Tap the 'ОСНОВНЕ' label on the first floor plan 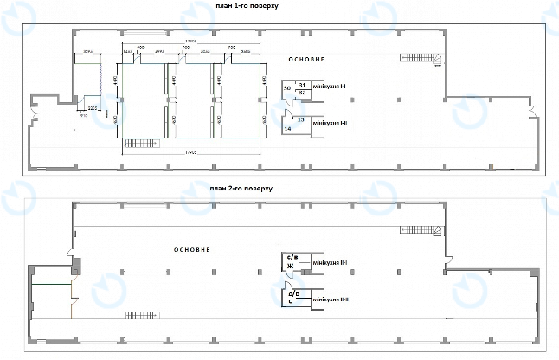[306, 60]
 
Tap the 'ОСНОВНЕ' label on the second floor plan [192, 249]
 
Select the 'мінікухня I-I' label [330, 87]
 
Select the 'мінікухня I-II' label [330, 123]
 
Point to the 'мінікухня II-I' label [331, 262]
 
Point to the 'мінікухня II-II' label [331, 299]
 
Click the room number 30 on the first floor [286, 88]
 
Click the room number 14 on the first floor [286, 127]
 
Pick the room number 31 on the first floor [301, 84]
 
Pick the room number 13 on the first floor [300, 119]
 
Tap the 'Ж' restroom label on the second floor [291, 266]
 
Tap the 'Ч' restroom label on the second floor [291, 303]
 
